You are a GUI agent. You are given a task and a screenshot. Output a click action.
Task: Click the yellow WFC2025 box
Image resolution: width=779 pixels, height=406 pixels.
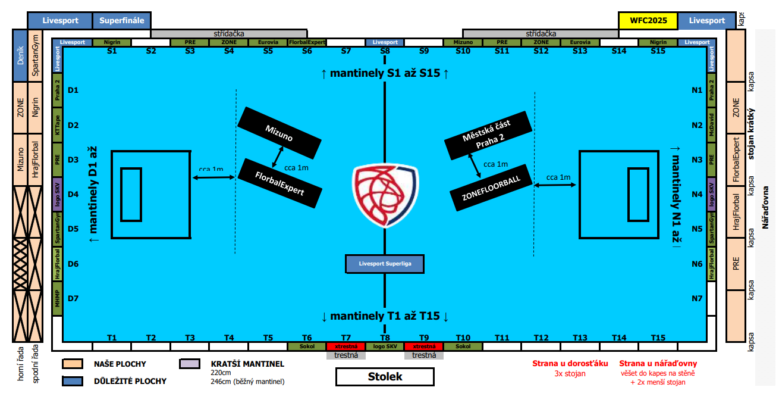648,21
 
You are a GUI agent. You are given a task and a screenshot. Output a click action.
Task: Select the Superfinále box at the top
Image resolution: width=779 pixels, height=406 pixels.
122,21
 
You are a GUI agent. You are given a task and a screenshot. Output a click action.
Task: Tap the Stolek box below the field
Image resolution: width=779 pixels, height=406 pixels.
385,376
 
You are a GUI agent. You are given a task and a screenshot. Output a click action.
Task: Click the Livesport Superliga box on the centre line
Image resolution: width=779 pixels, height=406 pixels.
385,264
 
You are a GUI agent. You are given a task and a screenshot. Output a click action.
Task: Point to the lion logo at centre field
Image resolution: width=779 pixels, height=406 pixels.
385,195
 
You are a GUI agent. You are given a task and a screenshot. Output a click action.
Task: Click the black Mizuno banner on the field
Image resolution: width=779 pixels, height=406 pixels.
279,133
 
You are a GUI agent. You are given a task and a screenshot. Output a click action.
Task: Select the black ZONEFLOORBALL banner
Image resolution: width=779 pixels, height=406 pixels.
491,188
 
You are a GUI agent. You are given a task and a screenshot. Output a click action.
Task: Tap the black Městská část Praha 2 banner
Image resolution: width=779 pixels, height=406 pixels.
488,136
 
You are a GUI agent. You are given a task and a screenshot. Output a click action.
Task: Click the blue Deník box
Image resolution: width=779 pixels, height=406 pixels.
20,56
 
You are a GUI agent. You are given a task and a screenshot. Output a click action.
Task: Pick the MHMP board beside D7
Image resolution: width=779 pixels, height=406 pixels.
57,298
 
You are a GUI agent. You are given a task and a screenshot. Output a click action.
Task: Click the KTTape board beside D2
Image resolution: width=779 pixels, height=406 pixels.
57,125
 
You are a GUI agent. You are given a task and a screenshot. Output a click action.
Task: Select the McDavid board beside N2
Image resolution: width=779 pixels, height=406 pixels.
712,125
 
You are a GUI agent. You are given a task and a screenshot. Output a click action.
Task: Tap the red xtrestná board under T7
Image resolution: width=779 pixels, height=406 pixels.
346,346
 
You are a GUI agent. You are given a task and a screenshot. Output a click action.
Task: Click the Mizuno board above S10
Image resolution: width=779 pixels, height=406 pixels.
463,42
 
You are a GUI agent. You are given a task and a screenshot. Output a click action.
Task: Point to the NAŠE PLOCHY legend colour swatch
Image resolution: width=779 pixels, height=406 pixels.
73,364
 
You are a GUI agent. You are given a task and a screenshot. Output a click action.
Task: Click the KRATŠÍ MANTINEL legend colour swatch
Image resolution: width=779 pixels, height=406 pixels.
190,364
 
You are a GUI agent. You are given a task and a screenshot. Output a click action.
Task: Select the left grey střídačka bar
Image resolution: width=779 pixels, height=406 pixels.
229,34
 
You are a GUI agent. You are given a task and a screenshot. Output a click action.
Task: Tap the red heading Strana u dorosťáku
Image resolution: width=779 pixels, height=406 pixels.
570,364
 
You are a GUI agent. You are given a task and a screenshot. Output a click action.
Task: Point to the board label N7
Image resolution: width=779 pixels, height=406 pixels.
697,298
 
